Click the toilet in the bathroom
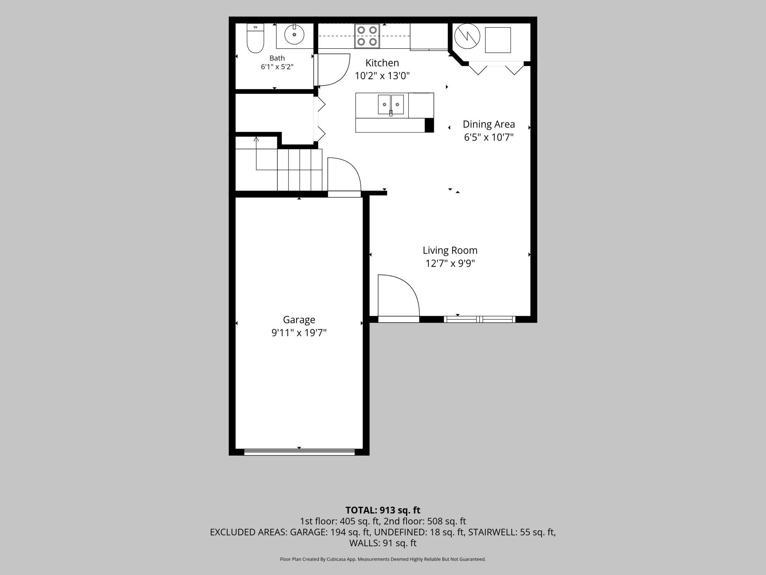255,38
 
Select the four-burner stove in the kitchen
367,36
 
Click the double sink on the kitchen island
391,105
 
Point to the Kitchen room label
382,63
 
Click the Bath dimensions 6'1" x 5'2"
277,67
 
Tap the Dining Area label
489,124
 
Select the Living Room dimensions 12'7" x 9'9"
450,264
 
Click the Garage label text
299,320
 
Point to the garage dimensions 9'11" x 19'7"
299,333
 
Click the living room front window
479,319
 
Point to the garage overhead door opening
299,452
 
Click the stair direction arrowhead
256,139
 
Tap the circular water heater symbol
467,36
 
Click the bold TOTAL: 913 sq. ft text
383,510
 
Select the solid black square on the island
429,125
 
